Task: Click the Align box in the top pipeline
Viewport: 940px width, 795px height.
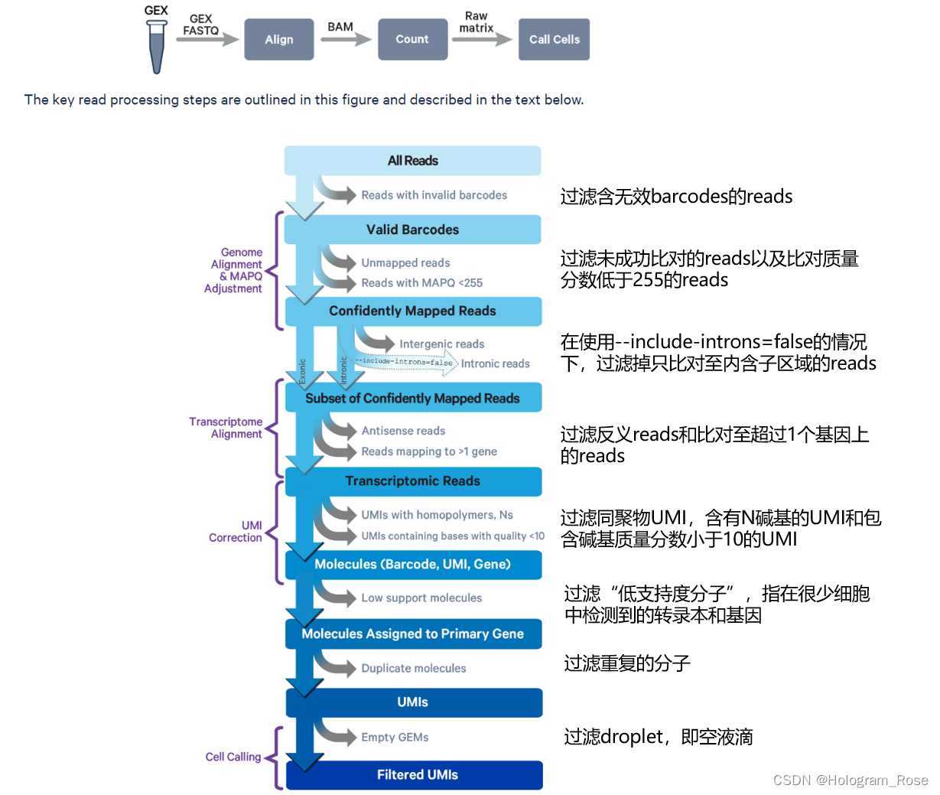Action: point(278,40)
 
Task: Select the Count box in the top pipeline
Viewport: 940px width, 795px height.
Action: point(412,40)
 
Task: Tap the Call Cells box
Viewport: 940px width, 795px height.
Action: point(554,40)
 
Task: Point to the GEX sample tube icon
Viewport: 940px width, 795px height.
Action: point(156,46)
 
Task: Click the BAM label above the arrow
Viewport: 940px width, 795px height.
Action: point(340,27)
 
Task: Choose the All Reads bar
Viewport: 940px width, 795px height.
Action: point(412,161)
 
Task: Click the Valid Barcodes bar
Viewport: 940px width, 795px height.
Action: point(412,230)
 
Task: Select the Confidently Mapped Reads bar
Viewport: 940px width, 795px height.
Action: point(412,311)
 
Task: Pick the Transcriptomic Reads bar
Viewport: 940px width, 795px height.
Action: point(412,481)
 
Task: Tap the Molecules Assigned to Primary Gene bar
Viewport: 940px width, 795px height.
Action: point(412,634)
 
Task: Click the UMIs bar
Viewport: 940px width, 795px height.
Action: point(412,702)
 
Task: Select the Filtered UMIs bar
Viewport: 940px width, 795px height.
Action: point(417,774)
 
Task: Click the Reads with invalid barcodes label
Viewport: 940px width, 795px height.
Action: point(434,195)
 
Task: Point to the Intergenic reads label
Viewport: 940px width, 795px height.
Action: point(441,344)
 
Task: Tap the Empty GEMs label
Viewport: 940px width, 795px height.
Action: point(395,737)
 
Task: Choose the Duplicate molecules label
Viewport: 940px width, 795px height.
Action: point(413,668)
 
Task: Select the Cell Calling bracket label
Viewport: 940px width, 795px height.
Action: point(233,757)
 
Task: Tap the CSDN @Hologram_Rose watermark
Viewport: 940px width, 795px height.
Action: point(850,780)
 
